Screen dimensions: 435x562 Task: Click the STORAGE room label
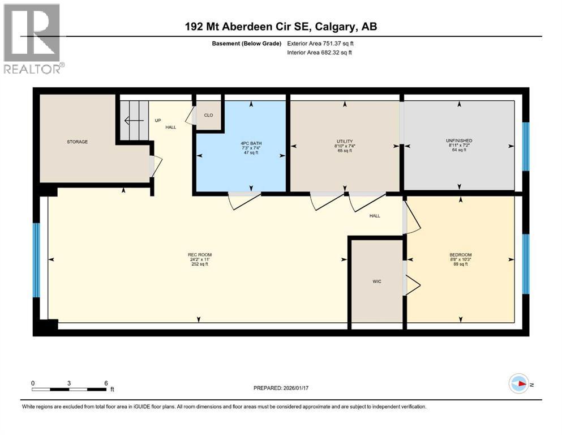tap(77, 142)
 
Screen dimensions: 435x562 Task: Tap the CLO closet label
tap(208, 116)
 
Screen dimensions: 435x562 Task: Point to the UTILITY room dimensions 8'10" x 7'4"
tap(345, 146)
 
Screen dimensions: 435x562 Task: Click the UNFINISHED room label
tap(458, 140)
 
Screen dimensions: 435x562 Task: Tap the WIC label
tap(376, 282)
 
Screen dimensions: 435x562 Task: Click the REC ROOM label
tap(199, 254)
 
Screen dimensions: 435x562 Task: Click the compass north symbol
tap(518, 385)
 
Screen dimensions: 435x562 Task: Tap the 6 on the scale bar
tap(106, 383)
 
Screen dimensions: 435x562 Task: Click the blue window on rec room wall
tap(37, 260)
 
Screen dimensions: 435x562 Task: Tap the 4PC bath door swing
tap(243, 199)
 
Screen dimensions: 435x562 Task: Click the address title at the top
tap(281, 27)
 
